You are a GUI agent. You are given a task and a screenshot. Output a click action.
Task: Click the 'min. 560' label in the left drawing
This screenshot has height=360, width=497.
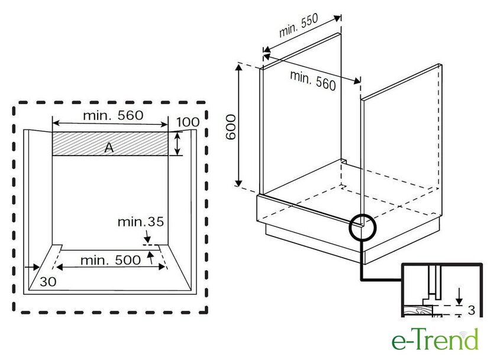(x=112, y=115)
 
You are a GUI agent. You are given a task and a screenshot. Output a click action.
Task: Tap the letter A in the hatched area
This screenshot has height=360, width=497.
(x=109, y=148)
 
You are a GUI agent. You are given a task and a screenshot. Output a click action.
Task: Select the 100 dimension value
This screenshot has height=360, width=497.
(x=188, y=122)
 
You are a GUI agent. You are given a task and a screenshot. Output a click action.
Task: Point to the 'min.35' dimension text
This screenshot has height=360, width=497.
(x=140, y=222)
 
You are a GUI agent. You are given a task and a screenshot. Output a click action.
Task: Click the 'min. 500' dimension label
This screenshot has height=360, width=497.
(x=111, y=260)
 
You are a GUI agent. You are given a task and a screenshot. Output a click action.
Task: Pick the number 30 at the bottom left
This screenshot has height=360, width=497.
(x=49, y=282)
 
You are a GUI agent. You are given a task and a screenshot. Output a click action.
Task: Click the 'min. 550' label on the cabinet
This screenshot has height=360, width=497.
(x=299, y=27)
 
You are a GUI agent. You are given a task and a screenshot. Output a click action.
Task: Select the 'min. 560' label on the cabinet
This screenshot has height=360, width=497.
(x=313, y=80)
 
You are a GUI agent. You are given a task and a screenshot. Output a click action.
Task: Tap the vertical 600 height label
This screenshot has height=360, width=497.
(x=231, y=127)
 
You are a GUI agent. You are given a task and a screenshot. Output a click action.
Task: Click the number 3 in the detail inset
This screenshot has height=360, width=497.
(x=472, y=310)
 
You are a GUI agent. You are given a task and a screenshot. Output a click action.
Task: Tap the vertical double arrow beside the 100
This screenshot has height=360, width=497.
(x=177, y=144)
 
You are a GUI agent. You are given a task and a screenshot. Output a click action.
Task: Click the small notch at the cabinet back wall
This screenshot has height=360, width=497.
(x=343, y=160)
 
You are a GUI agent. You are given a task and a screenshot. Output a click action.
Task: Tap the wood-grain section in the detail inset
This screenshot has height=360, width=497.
(x=418, y=311)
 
